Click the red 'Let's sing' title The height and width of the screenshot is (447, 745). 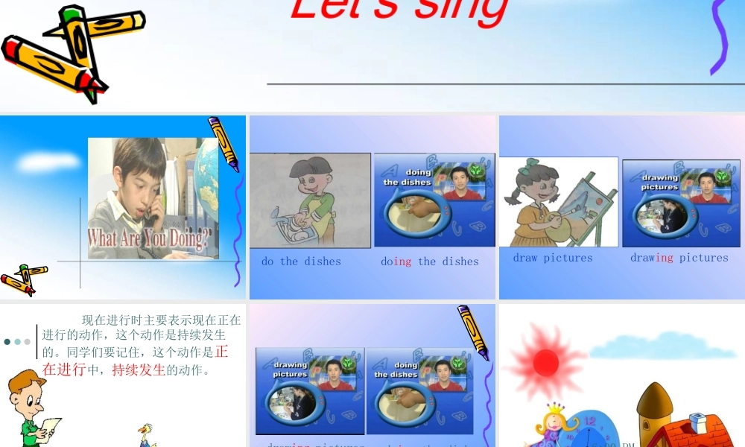click(399, 11)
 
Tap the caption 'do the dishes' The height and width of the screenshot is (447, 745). click(301, 261)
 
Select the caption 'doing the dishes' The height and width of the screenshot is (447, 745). click(430, 261)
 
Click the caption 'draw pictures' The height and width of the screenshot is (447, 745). click(553, 258)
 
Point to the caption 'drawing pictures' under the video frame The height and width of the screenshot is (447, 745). click(679, 258)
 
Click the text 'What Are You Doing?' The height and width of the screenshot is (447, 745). click(149, 238)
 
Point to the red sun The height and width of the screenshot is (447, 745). click(545, 361)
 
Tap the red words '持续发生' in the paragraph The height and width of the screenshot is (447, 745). click(139, 370)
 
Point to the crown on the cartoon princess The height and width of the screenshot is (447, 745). click(555, 410)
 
